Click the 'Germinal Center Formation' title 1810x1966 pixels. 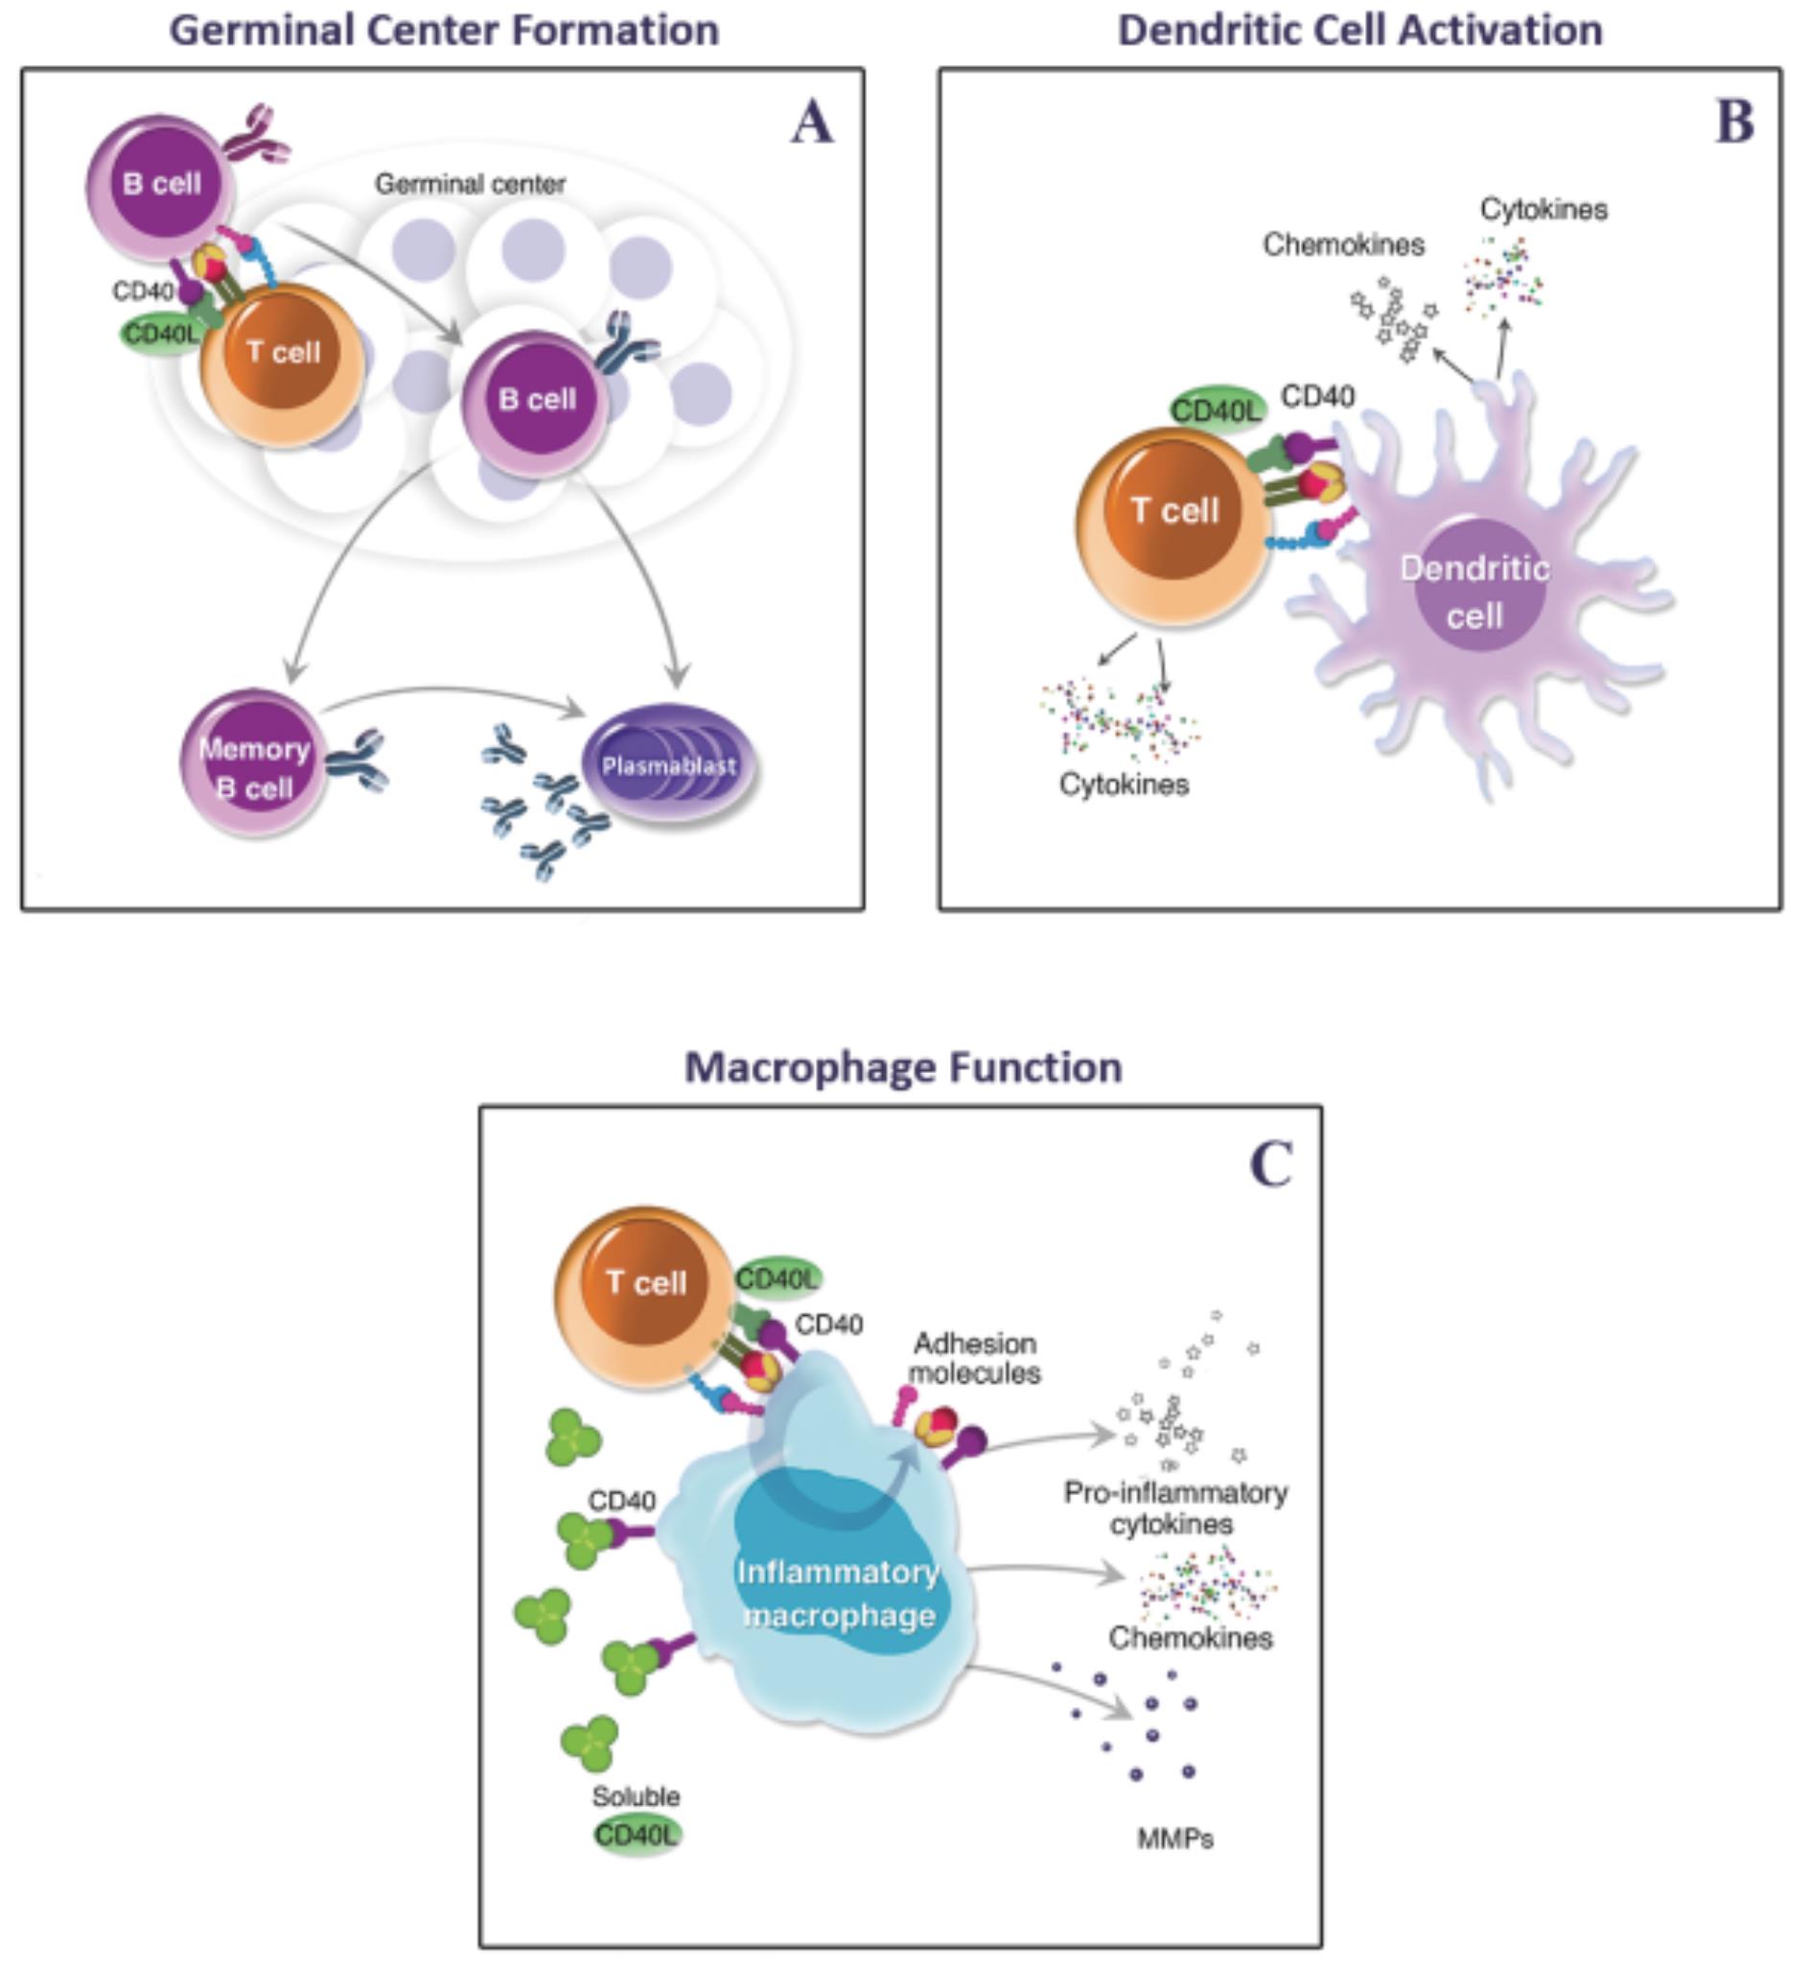pos(445,31)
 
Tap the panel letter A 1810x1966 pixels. pos(812,125)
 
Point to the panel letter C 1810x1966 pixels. pos(1271,1164)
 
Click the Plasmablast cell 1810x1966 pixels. pos(670,765)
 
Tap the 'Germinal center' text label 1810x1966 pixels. pos(470,184)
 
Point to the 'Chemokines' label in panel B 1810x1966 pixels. pos(1343,245)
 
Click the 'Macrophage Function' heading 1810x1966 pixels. pos(903,1067)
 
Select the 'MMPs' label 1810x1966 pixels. pos(1174,1838)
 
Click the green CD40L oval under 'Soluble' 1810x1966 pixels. pos(637,1834)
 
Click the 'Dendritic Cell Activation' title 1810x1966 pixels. pos(1359,31)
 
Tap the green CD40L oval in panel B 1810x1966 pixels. pos(1216,410)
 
